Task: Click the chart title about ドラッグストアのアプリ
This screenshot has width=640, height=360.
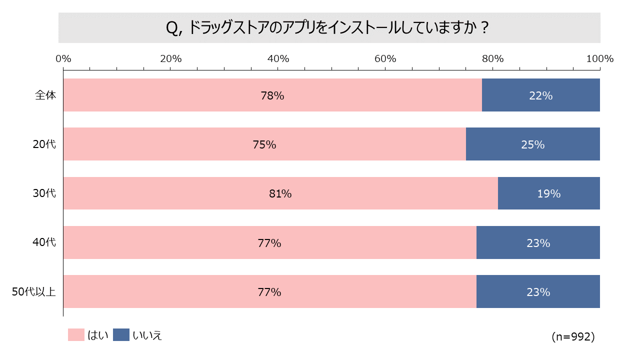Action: pyautogui.click(x=327, y=28)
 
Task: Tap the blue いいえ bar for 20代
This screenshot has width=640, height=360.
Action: pyautogui.click(x=532, y=144)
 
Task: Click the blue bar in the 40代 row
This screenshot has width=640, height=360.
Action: pyautogui.click(x=538, y=242)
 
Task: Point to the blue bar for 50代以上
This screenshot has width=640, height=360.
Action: pyautogui.click(x=538, y=291)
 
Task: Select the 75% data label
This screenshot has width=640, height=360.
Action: pyautogui.click(x=264, y=145)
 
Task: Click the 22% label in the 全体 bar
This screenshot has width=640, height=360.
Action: pyautogui.click(x=541, y=95)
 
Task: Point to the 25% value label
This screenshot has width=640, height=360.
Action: pyautogui.click(x=532, y=145)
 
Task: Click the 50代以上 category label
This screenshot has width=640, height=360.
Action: pyautogui.click(x=34, y=292)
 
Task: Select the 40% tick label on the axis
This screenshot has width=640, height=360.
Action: pyautogui.click(x=278, y=58)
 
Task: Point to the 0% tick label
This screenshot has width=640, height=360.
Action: pyautogui.click(x=63, y=58)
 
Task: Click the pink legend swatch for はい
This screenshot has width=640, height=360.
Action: pyautogui.click(x=76, y=335)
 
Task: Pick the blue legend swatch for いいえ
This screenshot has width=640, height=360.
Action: pyautogui.click(x=121, y=335)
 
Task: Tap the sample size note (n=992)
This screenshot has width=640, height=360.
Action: pyautogui.click(x=573, y=337)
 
